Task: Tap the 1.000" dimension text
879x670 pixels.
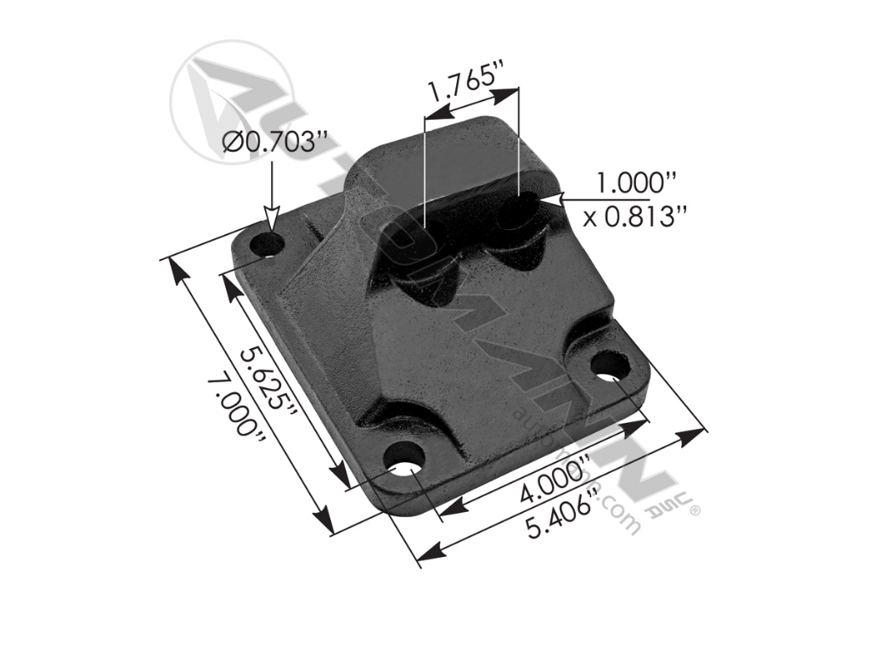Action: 635,183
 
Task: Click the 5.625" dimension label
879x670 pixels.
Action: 267,379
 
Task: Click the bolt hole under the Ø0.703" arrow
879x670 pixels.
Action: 270,245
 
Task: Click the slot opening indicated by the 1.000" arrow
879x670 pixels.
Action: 516,210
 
